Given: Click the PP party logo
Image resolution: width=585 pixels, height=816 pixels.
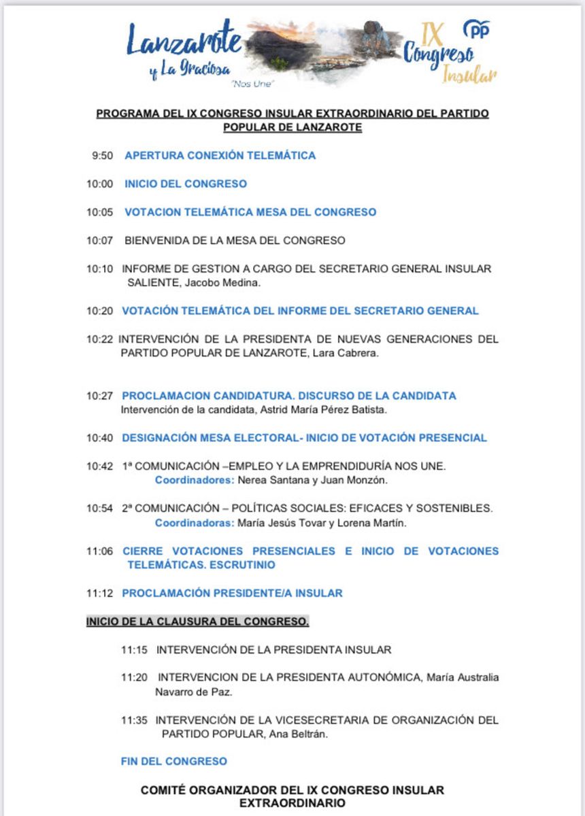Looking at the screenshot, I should click(476, 29).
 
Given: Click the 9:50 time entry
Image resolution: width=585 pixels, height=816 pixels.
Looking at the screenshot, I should click(103, 156).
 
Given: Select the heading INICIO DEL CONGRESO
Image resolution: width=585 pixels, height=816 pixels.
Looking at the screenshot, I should click(185, 184).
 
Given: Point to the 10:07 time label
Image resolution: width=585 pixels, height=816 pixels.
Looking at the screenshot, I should click(99, 241).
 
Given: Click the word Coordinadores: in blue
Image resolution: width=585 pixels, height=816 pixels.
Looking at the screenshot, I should click(195, 481).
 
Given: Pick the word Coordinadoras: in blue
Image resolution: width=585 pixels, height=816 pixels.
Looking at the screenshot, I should click(195, 523).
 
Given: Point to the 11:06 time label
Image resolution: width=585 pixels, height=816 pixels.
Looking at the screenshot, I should click(99, 551).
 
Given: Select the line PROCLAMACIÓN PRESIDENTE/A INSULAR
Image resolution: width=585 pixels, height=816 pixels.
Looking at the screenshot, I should click(232, 593).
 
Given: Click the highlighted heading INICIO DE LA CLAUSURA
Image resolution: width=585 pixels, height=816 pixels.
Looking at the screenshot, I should click(197, 622).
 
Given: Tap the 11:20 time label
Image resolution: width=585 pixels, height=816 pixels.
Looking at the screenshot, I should click(135, 678).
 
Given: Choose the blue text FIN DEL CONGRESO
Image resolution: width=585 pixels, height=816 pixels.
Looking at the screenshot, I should click(173, 762).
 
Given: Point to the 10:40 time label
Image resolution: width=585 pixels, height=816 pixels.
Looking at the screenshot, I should click(99, 438).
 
